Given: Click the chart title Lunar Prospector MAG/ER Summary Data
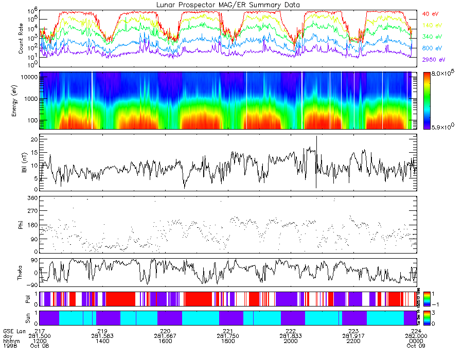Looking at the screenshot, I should coord(229,5).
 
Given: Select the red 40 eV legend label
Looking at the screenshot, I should coord(430,14).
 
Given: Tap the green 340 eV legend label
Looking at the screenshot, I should coord(431,36).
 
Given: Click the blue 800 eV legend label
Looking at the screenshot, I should coord(431,48).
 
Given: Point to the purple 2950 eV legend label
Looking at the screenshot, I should coord(432,60).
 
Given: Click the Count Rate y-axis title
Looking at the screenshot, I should coord(21,38).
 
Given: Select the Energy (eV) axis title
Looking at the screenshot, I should coord(21,101).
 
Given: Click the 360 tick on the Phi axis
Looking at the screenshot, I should coord(32,198).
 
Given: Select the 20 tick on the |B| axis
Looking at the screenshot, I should coord(34,140).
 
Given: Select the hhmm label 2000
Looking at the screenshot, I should coord(291,341).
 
